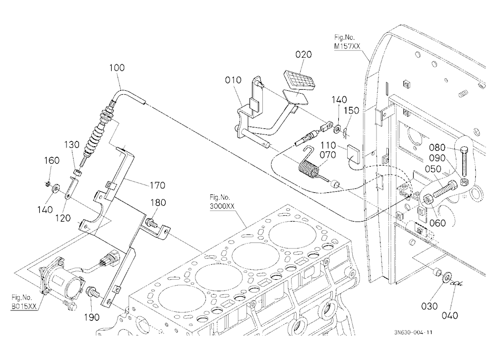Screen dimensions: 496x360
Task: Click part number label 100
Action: [x=117, y=68]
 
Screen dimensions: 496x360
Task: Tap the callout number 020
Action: [x=304, y=55]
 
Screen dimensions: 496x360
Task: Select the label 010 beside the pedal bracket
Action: [x=233, y=80]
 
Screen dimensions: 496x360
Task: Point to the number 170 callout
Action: [x=157, y=185]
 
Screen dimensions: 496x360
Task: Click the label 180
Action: [x=158, y=202]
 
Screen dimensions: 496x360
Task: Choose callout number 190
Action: [x=92, y=317]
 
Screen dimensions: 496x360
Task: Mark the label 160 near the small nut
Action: [x=52, y=160]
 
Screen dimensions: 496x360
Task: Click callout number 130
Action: [x=72, y=145]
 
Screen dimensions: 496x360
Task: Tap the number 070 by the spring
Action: [x=328, y=155]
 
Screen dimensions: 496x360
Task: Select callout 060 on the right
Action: [x=437, y=223]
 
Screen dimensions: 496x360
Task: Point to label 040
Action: [x=449, y=315]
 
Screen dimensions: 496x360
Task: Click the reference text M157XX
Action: [x=347, y=47]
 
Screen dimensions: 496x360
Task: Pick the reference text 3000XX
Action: [x=222, y=206]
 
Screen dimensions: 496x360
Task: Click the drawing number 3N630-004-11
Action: [x=413, y=332]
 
